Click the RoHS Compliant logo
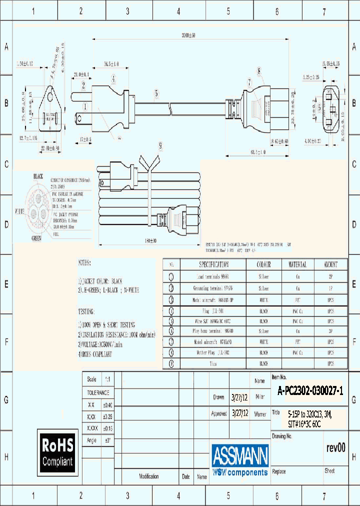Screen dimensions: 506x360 pyautogui.click(x=57, y=452)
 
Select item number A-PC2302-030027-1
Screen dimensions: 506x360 pyautogui.click(x=310, y=392)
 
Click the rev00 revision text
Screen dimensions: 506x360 pyautogui.click(x=335, y=448)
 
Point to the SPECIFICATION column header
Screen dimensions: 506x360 pyautogui.click(x=213, y=264)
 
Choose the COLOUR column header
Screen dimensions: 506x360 pyautogui.click(x=263, y=264)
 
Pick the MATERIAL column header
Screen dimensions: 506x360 pyautogui.click(x=297, y=264)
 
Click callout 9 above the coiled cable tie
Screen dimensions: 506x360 pyautogui.click(x=160, y=146)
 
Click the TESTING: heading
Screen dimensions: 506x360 pyautogui.click(x=88, y=310)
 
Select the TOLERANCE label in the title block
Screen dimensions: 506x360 pyautogui.click(x=98, y=393)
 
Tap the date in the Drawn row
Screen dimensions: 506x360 pyautogui.click(x=239, y=397)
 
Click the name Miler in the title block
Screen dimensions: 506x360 pyautogui.click(x=259, y=397)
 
